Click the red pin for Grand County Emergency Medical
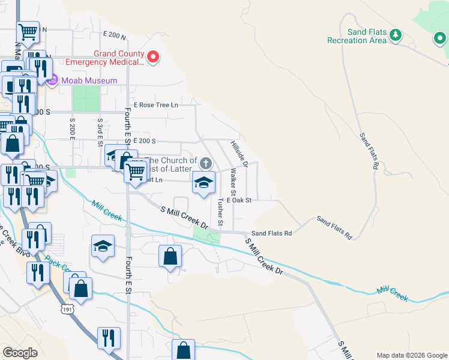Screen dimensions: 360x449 click(x=153, y=57)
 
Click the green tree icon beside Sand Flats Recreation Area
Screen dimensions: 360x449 click(x=395, y=35)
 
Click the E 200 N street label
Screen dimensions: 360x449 click(x=115, y=36)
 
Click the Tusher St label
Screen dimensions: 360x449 click(x=220, y=212)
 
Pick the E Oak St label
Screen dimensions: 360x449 click(x=239, y=200)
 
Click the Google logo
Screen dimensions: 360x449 click(x=20, y=353)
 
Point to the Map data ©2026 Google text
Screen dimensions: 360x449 click(x=411, y=355)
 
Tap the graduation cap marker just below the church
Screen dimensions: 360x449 click(x=203, y=183)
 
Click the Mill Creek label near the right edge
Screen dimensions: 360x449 click(x=393, y=293)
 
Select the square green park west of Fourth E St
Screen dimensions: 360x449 click(x=86, y=98)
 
